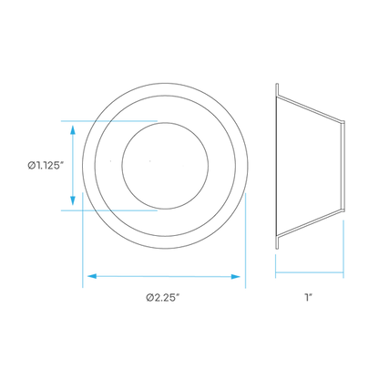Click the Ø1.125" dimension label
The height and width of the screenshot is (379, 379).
point(46,166)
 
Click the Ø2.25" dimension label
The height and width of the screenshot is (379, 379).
point(165,297)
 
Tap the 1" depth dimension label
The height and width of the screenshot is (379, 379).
point(309,297)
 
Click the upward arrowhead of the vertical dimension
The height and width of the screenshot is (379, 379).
point(73,129)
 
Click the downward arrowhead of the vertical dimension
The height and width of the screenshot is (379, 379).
point(73,200)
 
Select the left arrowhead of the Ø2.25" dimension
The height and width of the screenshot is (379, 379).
point(92,276)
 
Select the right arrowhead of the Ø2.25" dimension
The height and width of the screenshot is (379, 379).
point(236,276)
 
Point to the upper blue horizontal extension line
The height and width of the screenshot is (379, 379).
point(109,121)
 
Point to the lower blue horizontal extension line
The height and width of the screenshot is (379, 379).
point(109,210)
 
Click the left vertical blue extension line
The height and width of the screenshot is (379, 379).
point(83,240)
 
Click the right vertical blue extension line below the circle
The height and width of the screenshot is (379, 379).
point(245,240)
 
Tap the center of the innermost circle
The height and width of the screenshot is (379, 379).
point(165,166)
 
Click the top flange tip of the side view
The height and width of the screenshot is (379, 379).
point(277,84)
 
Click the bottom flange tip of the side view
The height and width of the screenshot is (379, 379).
point(277,248)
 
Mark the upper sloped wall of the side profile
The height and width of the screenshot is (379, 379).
point(310,109)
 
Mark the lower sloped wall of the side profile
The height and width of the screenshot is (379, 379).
point(310,222)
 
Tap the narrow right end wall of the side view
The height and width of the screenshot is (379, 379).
point(343,166)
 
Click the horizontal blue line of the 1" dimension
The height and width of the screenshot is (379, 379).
point(310,272)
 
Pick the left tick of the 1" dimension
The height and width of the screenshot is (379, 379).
point(275,266)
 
